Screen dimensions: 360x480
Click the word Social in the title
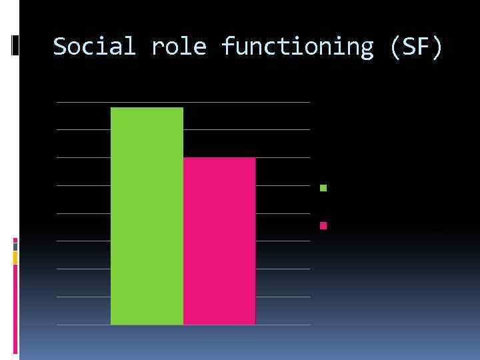coord(94,47)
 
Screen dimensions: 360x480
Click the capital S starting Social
coord(60,47)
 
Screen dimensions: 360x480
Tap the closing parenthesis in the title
coord(437,47)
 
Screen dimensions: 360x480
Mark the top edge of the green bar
coord(147,107)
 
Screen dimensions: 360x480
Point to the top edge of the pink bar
coord(219,158)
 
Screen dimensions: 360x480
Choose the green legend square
coord(323,188)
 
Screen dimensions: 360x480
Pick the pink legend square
coord(323,225)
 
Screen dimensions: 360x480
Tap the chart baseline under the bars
coord(183,325)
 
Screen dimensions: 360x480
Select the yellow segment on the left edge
coord(15,258)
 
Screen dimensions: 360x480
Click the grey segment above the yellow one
coord(15,247)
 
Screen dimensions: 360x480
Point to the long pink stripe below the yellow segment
coord(15,307)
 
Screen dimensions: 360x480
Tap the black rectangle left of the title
coord(15,45)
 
